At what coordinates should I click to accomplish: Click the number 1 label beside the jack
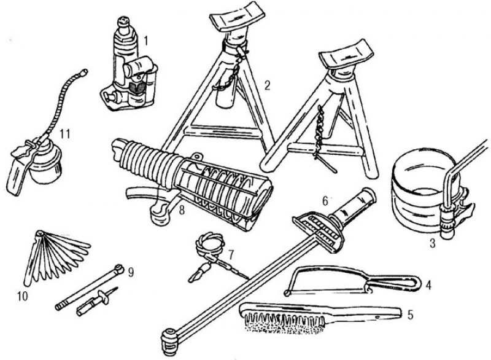[x=145, y=41]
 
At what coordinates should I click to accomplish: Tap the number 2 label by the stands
[x=267, y=85]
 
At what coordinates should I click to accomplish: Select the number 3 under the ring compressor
[x=433, y=243]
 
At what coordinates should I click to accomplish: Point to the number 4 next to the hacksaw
[x=428, y=285]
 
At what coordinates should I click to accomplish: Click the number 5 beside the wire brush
[x=410, y=315]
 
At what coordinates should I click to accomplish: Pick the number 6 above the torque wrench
[x=325, y=201]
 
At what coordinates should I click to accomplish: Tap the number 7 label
[x=231, y=255]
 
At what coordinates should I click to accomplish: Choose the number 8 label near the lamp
[x=182, y=210]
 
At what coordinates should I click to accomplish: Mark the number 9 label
[x=131, y=272]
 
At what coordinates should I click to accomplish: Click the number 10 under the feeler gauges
[x=23, y=296]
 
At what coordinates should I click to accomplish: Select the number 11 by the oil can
[x=64, y=134]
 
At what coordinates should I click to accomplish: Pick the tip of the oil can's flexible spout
[x=83, y=72]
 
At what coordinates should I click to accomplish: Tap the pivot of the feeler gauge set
[x=39, y=233]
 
